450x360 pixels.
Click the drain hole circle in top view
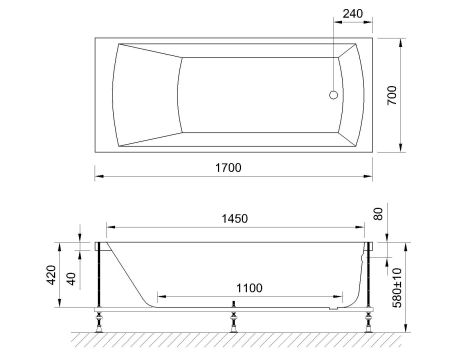coord(333,96)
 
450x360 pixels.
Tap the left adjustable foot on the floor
coord(100,321)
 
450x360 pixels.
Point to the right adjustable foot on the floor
coord(370,321)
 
